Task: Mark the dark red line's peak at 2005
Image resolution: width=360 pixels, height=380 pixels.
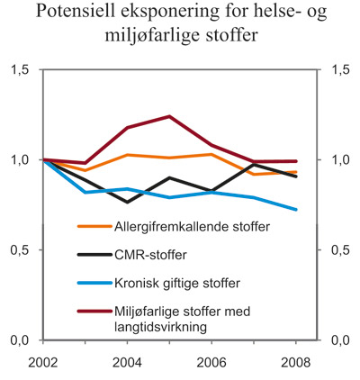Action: [169, 116]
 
